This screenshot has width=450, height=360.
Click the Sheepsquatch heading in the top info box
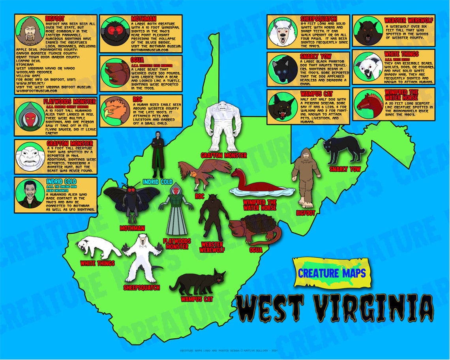[x=318, y=19]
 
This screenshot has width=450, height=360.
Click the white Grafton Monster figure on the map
[x=223, y=126]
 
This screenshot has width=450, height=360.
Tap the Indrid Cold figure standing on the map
[x=158, y=155]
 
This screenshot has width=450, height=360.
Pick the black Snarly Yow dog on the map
[x=343, y=150]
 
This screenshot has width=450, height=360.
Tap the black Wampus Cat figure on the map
[x=197, y=281]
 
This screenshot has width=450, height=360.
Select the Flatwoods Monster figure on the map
[x=176, y=209]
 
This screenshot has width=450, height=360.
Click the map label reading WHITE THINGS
[x=97, y=263]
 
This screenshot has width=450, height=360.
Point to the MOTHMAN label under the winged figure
[x=132, y=228]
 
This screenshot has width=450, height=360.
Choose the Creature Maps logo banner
[x=331, y=272]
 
